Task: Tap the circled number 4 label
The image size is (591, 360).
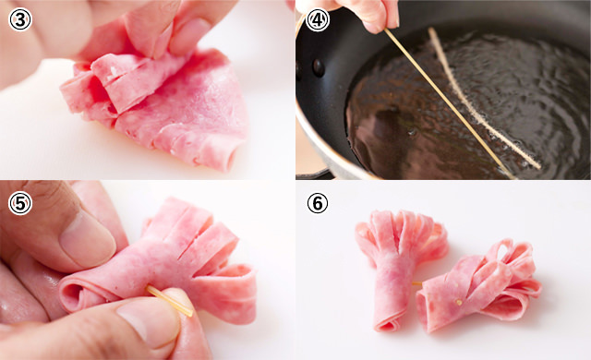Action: click(317, 18)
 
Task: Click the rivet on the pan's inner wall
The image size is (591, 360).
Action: click(318, 66)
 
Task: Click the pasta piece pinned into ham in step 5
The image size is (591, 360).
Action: click(169, 301)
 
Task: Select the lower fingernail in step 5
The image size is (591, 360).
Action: click(148, 323)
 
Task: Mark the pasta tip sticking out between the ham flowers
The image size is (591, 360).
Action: click(417, 282)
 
